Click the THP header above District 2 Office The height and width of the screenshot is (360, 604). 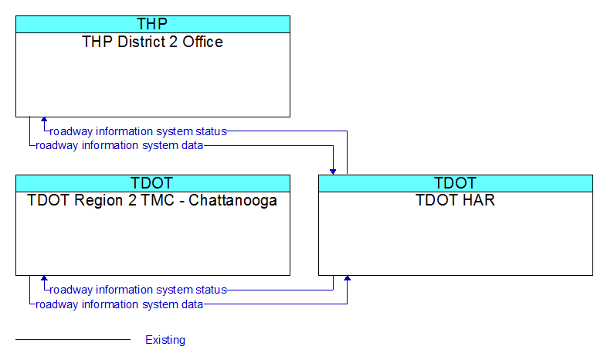pos(152,24)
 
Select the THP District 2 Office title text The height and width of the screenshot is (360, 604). pos(152,42)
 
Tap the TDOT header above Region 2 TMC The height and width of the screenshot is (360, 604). pos(152,183)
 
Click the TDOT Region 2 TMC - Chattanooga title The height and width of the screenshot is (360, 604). pos(152,200)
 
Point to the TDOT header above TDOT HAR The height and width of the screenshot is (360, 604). pos(455,183)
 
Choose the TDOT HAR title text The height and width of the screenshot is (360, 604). pos(455,200)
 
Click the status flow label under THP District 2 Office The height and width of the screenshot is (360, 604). pos(138,131)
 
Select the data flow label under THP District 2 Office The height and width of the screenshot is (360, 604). pos(120,145)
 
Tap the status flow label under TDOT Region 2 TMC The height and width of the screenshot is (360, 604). pos(138,290)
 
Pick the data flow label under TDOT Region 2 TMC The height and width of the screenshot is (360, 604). pos(120,304)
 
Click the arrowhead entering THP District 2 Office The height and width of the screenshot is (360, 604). pos(44,120)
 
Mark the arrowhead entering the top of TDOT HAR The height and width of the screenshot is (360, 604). pos(333,172)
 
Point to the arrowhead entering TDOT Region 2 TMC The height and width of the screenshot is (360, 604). pos(44,278)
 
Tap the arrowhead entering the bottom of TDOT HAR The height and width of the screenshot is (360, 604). pos(347,278)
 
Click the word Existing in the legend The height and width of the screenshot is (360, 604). pos(165,340)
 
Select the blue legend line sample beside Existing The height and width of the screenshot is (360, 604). pos(73,340)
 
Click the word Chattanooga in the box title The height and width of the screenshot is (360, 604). pos(232,201)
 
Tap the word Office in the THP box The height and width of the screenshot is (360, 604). pos(202,42)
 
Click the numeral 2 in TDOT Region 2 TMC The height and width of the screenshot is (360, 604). pos(132,200)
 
